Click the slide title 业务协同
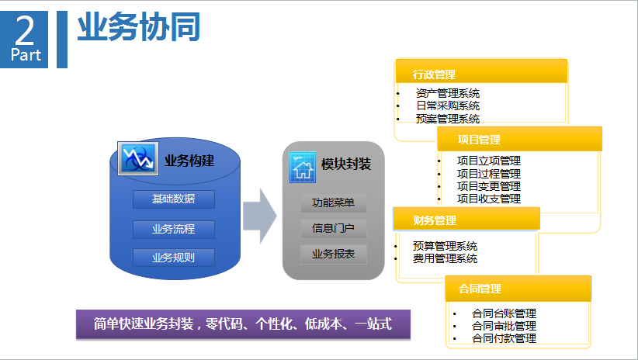point(139,28)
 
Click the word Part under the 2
point(25,55)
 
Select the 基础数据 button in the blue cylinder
point(173,199)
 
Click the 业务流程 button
point(173,229)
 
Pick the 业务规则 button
point(173,258)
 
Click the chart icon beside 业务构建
point(137,159)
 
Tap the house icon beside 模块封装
point(302,166)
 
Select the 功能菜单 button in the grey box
point(333,203)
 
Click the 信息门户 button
point(333,229)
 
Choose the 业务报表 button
point(333,254)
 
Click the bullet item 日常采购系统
point(447,106)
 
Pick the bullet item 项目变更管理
point(488,186)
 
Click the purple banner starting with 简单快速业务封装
point(243,324)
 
